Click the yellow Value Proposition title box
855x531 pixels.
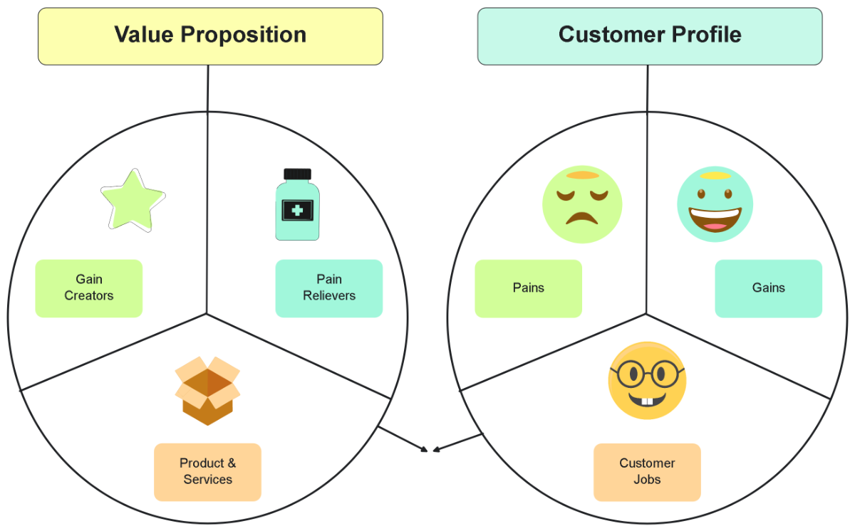click(x=210, y=36)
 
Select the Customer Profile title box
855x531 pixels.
click(x=649, y=36)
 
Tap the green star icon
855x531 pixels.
click(x=133, y=200)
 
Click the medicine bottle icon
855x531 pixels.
click(x=297, y=205)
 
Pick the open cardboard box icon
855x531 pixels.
click(x=207, y=391)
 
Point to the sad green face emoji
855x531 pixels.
click(x=582, y=204)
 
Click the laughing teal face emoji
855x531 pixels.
click(x=715, y=204)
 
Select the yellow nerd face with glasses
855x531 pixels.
click(x=647, y=381)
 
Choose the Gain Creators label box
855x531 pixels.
click(x=89, y=288)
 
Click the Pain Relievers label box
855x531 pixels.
click(x=328, y=288)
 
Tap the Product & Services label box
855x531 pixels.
click(x=207, y=472)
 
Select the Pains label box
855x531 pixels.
click(x=528, y=288)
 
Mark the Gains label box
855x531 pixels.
click(x=768, y=288)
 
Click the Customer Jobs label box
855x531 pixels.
click(x=647, y=472)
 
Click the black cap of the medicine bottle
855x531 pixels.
click(x=297, y=174)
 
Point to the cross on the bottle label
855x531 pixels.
click(x=297, y=210)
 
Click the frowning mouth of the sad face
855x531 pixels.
click(x=582, y=217)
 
